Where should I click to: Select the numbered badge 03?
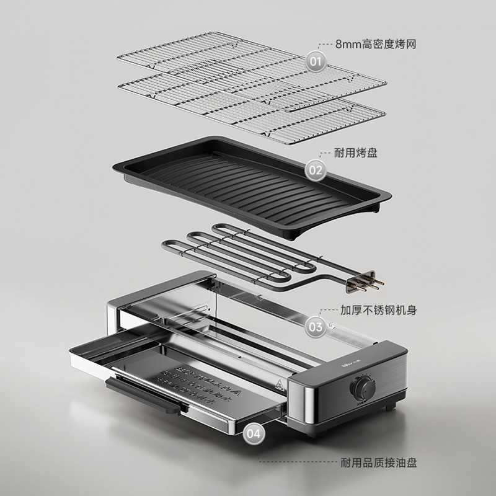point(316,326)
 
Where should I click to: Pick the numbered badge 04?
point(254,433)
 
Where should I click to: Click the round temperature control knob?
point(362,388)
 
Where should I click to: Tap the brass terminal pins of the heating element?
point(370,283)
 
